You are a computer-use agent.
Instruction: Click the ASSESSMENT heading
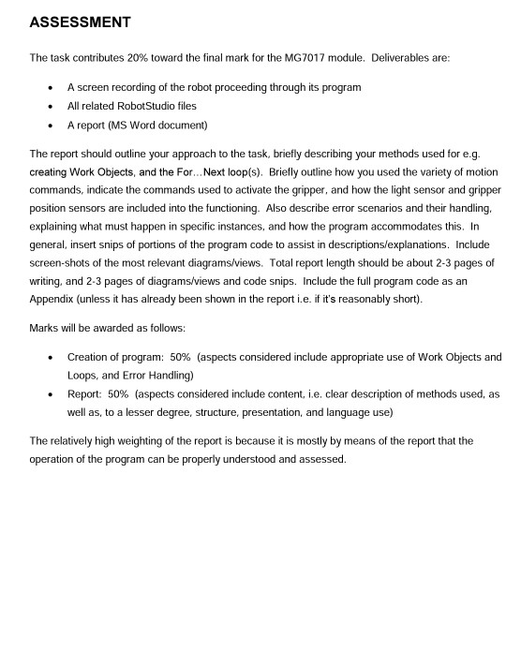coord(80,22)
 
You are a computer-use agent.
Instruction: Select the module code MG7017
coord(319,58)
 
